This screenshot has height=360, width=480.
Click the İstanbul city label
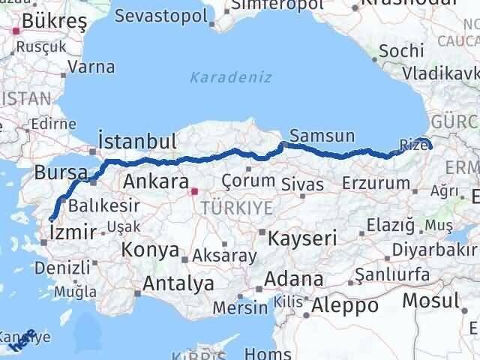(x=137, y=141)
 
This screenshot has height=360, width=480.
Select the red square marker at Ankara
(x=194, y=192)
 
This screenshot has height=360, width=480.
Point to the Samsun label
(x=322, y=136)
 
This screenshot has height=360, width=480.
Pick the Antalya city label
(x=178, y=283)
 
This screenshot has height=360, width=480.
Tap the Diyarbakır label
(x=443, y=248)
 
